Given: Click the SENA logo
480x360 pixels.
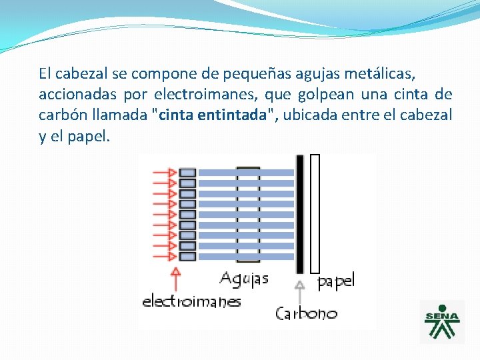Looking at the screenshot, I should (x=442, y=321).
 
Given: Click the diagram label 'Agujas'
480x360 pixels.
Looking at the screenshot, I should (x=244, y=278).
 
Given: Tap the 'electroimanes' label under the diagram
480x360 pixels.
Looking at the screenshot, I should (x=191, y=301).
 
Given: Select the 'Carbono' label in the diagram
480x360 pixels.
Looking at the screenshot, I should (x=307, y=313).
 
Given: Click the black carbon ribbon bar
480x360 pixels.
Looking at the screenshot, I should (x=300, y=213).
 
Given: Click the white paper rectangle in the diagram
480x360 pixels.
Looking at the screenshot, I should (x=315, y=213).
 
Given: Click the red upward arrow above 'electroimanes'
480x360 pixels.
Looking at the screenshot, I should (x=176, y=280).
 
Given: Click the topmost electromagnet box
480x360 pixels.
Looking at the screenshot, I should (x=188, y=172).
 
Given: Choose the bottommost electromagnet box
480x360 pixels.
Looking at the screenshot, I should (x=188, y=256).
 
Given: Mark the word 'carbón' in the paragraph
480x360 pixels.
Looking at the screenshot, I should (x=61, y=115).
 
